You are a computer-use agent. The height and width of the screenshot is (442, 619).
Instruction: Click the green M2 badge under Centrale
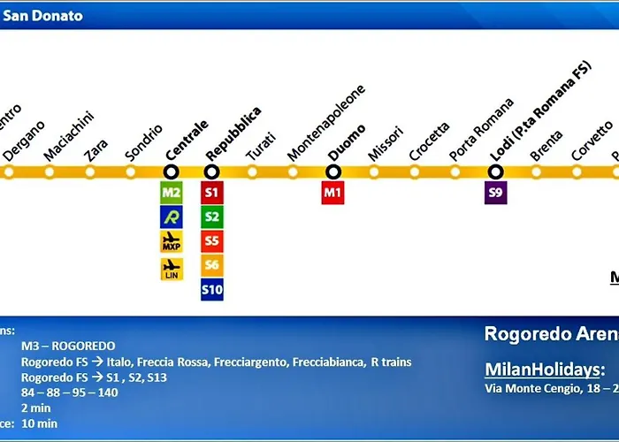point(172,193)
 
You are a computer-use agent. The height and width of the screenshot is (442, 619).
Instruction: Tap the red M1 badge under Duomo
point(332,193)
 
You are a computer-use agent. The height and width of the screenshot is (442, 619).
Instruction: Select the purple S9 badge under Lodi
point(496,193)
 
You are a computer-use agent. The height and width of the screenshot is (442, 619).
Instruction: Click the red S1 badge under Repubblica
point(212,193)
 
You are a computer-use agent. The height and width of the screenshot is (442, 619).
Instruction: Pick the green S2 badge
point(212,217)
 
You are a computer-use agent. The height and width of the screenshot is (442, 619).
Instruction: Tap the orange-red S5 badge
point(212,240)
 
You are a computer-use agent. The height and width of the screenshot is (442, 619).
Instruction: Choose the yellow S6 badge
point(212,264)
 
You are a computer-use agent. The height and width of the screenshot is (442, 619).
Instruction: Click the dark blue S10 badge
point(212,288)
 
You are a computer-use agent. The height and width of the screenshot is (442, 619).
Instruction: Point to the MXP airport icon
point(172,241)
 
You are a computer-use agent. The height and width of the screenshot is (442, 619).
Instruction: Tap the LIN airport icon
point(172,269)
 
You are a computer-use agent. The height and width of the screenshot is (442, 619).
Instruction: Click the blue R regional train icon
point(172,217)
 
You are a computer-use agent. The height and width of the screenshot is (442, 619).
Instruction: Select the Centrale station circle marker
point(172,171)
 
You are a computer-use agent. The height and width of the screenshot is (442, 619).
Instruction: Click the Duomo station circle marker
point(333,171)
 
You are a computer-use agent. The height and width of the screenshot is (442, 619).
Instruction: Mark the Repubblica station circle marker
point(212,171)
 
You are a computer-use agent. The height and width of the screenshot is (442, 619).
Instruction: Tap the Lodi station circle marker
point(496,171)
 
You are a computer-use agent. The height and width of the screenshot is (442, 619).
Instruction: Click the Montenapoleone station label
point(326,124)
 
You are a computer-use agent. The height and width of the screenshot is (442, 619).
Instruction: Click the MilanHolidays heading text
point(545,368)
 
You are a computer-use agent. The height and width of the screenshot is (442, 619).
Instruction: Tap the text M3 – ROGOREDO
point(68,346)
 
